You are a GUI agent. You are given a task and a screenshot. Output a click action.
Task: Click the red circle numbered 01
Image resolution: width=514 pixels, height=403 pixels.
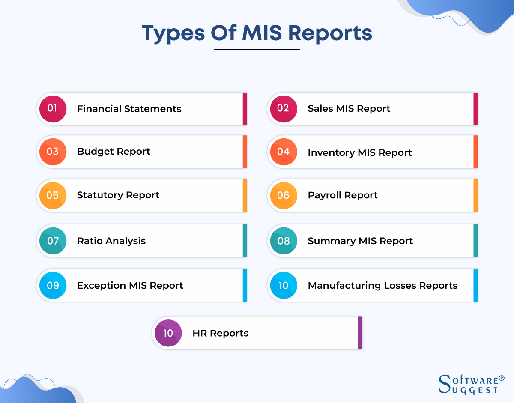pos(53,109)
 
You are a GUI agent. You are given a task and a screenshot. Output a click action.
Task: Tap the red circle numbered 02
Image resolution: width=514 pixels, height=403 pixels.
pos(283,109)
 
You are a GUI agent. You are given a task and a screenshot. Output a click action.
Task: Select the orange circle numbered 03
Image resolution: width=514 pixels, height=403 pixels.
pos(53,152)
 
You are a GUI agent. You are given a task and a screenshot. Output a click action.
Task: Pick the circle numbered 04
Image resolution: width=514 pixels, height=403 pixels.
pos(283,152)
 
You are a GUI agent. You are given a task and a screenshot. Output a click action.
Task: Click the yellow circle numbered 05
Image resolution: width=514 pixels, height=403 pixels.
pos(53,196)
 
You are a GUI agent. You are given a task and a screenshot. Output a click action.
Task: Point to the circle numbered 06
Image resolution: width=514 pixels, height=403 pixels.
pos(283,196)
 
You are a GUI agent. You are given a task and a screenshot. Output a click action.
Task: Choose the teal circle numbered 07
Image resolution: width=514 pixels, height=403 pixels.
pos(53,241)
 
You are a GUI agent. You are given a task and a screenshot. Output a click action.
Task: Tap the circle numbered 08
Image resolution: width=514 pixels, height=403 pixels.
pos(283,241)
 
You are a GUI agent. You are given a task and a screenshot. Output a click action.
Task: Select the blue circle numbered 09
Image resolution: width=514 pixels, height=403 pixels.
pos(53,286)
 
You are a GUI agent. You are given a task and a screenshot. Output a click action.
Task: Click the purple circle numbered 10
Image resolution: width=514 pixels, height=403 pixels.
pos(168,333)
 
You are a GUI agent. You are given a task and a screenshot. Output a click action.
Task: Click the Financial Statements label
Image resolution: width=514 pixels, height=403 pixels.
pos(129,109)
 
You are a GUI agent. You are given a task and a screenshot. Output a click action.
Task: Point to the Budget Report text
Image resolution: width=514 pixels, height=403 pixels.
pos(114,152)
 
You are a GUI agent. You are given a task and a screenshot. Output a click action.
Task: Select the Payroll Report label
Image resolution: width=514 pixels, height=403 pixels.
pos(343,196)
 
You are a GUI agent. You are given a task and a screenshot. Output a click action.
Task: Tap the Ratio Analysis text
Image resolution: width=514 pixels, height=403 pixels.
pos(111,241)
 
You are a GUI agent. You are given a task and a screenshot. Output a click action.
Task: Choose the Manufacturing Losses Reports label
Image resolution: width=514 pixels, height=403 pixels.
pos(383,286)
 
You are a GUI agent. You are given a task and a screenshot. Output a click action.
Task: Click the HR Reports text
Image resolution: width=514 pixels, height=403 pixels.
pos(220,333)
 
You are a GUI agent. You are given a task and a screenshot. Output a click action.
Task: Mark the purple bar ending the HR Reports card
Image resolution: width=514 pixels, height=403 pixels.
pos(360,333)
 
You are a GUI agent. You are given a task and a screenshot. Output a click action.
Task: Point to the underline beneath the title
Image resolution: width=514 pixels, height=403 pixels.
pos(257,50)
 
